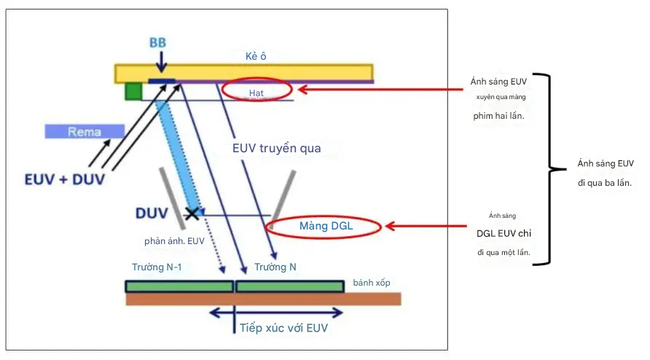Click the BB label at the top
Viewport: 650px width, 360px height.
tap(157, 43)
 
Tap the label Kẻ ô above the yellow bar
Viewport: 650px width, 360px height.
tap(257, 56)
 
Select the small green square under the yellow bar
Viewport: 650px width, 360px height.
tap(133, 91)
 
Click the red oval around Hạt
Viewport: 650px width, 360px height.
tap(257, 90)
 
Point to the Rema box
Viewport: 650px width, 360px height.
tap(84, 131)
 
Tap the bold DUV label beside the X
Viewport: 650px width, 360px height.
tap(152, 213)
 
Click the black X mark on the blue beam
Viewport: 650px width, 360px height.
tap(192, 213)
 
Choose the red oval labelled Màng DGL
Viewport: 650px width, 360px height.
tap(325, 226)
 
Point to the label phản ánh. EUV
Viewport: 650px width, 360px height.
tap(175, 240)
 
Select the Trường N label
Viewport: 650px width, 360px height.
tap(275, 267)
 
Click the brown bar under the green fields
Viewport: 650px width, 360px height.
tap(263, 299)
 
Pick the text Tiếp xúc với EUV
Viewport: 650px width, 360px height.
tap(284, 328)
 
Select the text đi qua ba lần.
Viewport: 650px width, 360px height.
tap(604, 181)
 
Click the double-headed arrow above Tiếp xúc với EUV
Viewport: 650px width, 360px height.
tap(276, 313)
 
